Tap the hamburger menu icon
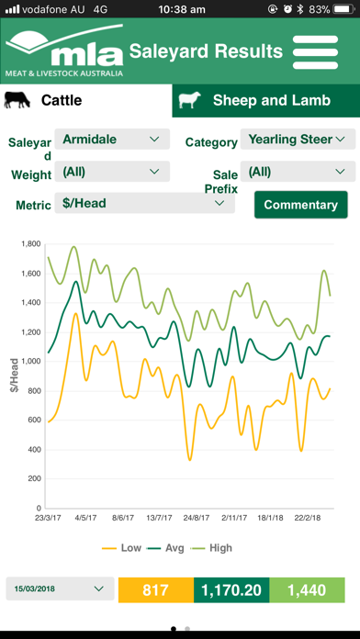tap(315, 52)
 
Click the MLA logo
tap(64, 50)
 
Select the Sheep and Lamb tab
tap(265, 101)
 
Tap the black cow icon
tap(17, 100)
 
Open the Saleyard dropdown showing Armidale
tap(112, 140)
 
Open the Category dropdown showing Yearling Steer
tap(298, 140)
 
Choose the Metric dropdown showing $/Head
tap(145, 203)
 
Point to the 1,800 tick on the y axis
tap(31, 244)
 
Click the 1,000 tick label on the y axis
tap(31, 362)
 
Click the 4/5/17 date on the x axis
tap(86, 518)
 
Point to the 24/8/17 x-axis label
tap(197, 518)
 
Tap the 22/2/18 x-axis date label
tap(308, 518)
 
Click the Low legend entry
tap(121, 548)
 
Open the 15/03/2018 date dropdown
tap(60, 589)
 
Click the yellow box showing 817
tap(156, 590)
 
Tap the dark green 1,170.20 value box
tap(231, 590)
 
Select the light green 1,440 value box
tap(307, 590)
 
